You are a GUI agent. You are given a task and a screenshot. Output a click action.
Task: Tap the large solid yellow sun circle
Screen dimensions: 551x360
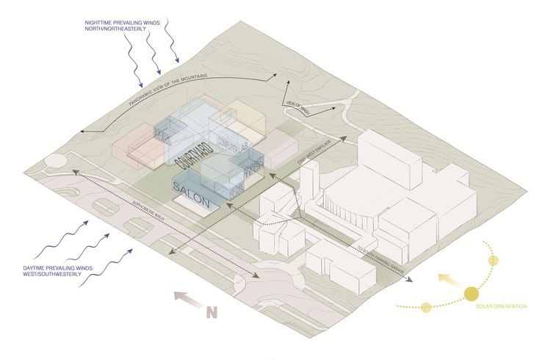pos(470,296)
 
